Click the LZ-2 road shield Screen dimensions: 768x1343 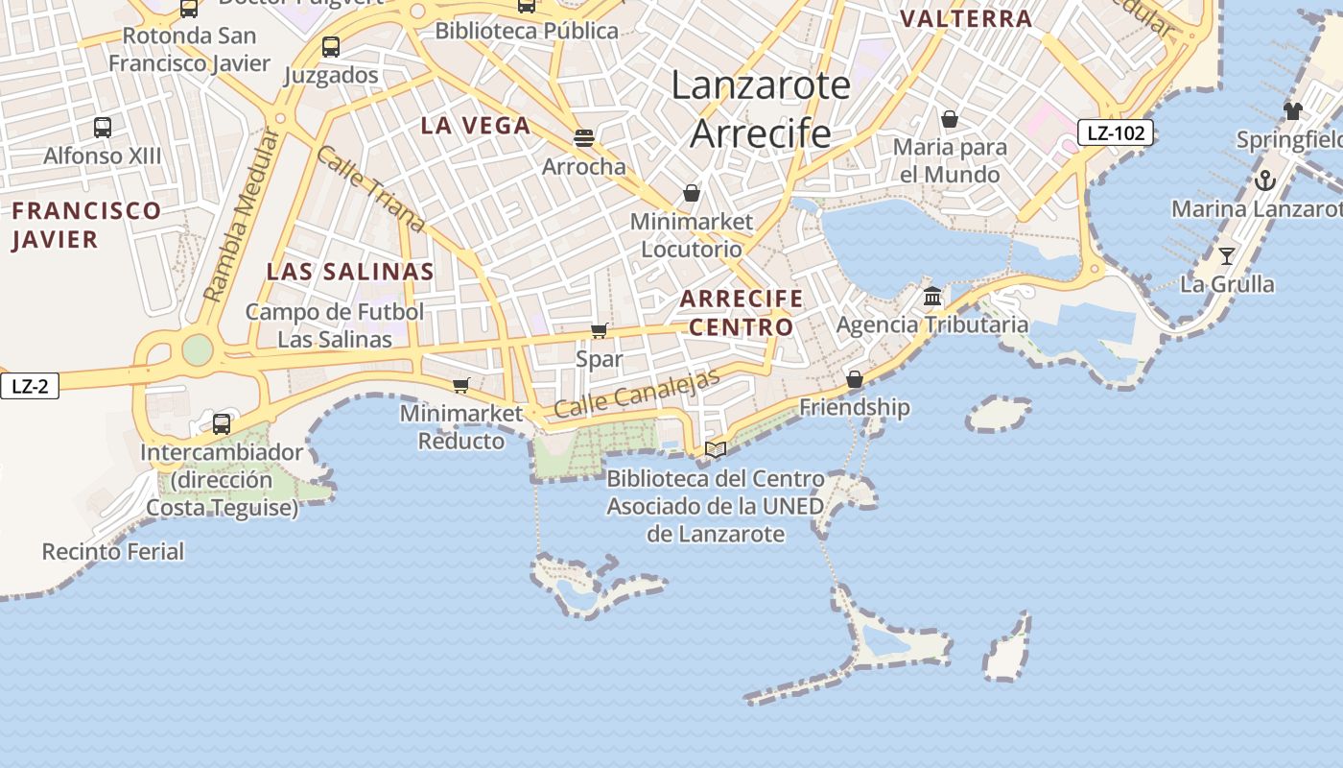(30, 387)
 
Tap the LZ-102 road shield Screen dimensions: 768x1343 (1115, 132)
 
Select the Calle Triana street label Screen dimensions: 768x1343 (370, 189)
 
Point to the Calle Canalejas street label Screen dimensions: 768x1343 (637, 393)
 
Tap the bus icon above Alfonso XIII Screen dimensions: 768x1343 (103, 127)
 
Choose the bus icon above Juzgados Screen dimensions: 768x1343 (331, 46)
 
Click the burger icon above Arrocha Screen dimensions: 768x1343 (584, 137)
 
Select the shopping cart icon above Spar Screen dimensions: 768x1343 (600, 331)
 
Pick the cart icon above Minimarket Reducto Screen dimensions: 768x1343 (461, 385)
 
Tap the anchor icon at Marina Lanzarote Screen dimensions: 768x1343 (1265, 180)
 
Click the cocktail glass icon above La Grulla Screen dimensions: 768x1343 (1227, 255)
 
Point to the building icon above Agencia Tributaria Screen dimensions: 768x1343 (932, 296)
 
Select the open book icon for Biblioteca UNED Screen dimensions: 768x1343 (716, 449)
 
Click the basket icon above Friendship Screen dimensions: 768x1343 (854, 379)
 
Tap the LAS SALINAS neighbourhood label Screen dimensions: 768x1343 (350, 272)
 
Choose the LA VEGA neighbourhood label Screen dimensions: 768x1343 (476, 126)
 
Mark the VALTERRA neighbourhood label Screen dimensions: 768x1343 (966, 18)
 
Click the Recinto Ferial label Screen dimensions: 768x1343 (113, 551)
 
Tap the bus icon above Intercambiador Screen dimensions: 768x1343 (222, 423)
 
